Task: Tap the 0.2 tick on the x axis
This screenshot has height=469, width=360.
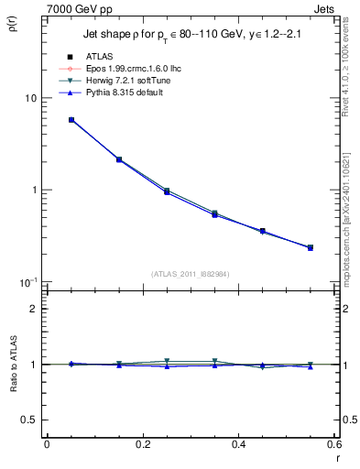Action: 142,445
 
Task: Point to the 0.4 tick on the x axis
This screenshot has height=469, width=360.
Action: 238,445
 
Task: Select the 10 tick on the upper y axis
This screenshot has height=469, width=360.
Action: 29,98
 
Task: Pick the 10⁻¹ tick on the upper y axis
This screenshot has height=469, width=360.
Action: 27,281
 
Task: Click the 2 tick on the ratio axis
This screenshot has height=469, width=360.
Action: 35,309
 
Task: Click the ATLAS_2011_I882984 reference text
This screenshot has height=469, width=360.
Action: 190,274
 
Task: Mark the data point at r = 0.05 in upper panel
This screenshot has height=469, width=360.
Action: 71,120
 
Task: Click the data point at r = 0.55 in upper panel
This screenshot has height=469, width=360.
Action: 311,247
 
